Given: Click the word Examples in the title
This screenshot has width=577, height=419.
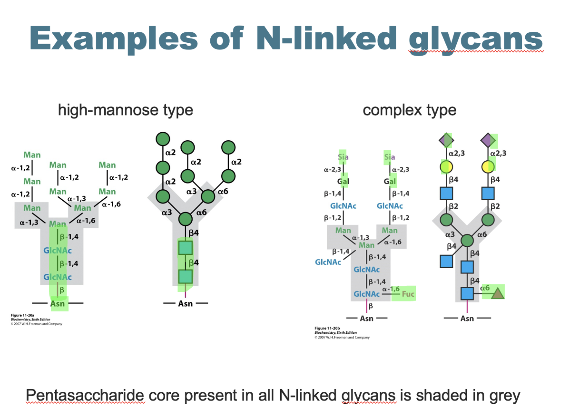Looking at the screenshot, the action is [114, 39].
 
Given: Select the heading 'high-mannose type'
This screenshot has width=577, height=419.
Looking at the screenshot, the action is [125, 110].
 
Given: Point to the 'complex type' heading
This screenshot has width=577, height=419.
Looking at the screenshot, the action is [410, 110].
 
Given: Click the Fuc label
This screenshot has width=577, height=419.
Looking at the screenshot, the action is [408, 294].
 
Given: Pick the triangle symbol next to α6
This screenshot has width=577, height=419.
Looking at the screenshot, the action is [498, 293].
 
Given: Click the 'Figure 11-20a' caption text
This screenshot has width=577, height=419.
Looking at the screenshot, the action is [22, 315].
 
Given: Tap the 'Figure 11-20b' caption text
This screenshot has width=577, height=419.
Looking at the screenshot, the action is [327, 328].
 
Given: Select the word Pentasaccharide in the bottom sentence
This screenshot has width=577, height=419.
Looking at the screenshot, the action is [85, 395].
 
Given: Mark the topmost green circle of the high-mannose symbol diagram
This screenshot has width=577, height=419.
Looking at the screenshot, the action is [163, 139].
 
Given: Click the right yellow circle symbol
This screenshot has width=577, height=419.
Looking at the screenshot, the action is [488, 167].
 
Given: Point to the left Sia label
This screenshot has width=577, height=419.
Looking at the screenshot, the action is [343, 157].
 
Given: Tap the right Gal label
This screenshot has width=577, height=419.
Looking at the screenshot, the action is [389, 181].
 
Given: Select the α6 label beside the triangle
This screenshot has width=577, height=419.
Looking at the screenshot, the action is [485, 288].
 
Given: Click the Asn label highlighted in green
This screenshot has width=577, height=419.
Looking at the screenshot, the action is [58, 304].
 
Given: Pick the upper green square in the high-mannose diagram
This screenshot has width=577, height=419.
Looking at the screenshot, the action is [185, 248].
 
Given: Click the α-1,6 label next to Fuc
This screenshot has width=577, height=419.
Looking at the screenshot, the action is [391, 289].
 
